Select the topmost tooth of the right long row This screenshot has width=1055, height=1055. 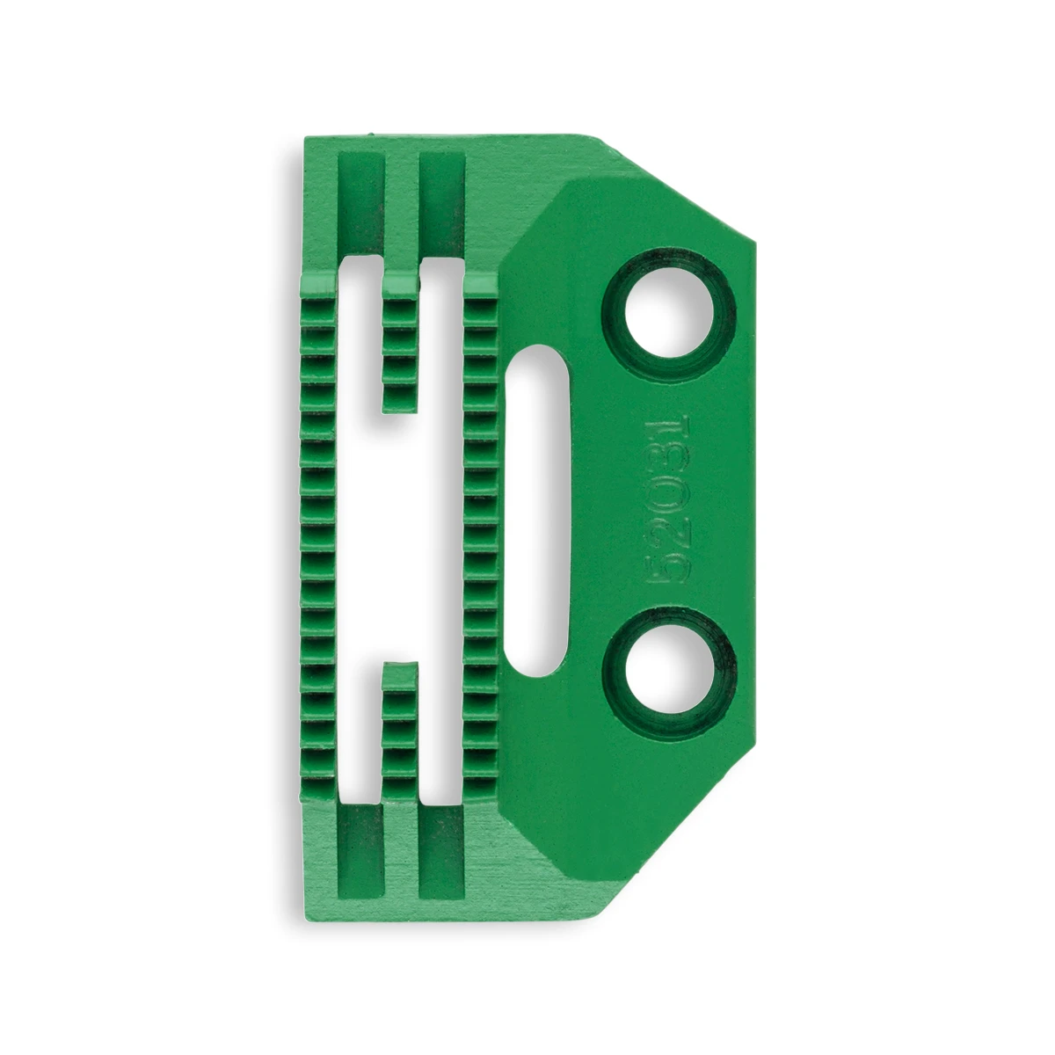click(x=479, y=283)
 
